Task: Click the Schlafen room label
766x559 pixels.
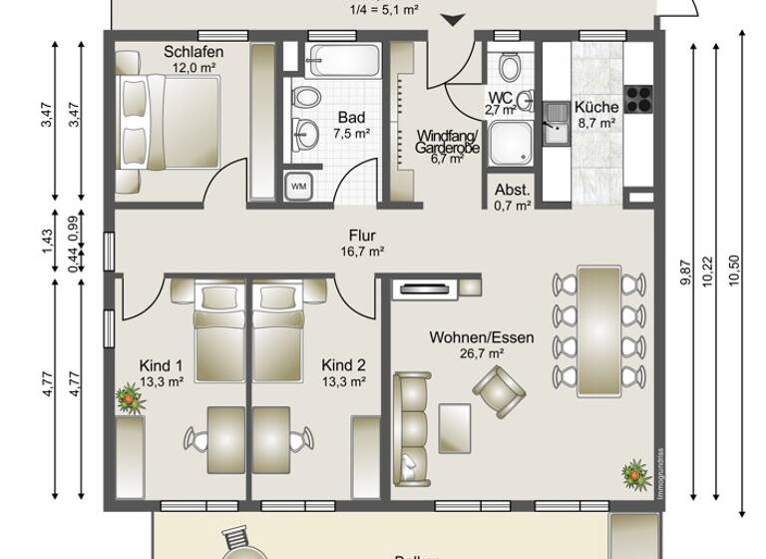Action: tap(193, 52)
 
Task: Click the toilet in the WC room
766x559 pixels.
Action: tap(510, 68)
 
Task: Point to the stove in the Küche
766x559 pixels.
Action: tap(638, 98)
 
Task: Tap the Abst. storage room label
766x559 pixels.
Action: tap(512, 189)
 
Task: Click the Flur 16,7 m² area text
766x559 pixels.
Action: tap(362, 253)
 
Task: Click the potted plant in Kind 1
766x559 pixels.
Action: tap(128, 399)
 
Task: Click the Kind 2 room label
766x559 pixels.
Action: tap(344, 364)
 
